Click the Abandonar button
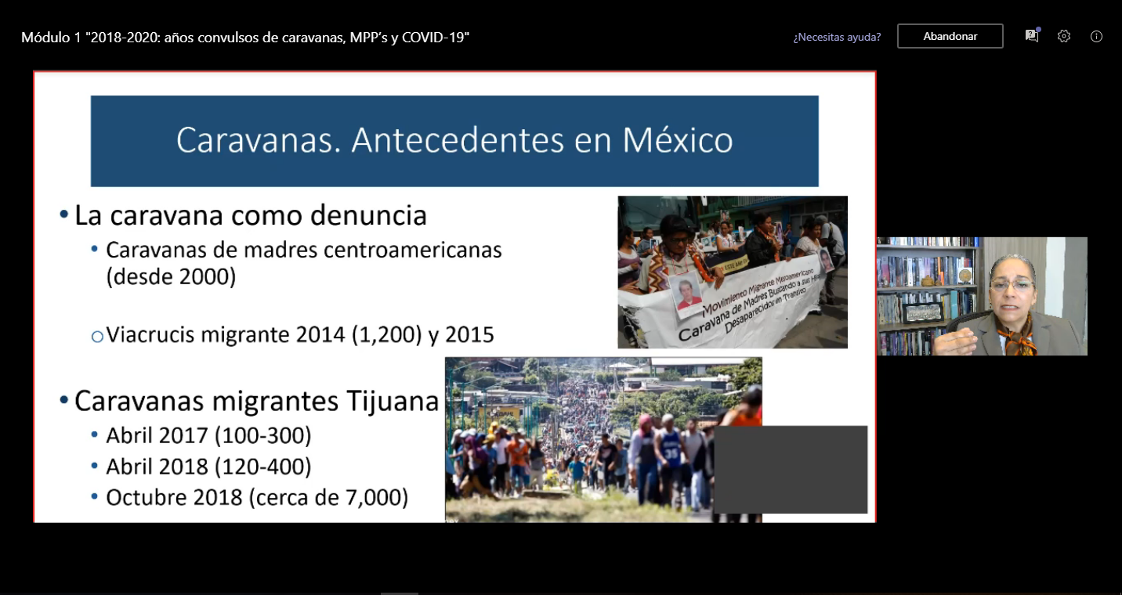coord(950,36)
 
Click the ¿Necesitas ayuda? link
coord(837,37)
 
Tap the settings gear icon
coord(1064,37)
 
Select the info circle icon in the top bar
coord(1096,37)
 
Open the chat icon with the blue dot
coord(1032,35)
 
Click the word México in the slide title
coord(677,140)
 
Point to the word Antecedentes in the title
coord(458,140)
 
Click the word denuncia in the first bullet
coord(368,215)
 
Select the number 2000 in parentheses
coord(207,276)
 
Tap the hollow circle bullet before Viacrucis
coord(97,337)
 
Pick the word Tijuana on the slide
coord(393,402)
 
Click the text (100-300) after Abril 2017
coord(262,435)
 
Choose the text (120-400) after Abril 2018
coord(262,467)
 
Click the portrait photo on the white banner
coord(687,294)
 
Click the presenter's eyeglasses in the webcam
coord(1012,285)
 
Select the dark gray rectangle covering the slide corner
coord(791,470)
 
